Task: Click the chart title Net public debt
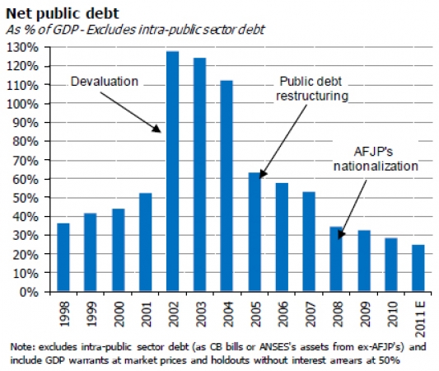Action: [x=63, y=14]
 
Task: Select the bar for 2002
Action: [x=172, y=171]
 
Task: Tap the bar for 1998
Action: [x=63, y=257]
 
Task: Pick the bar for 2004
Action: [x=227, y=186]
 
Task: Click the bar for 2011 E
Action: [x=418, y=268]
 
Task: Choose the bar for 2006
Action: [x=282, y=237]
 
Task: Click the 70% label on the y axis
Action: [x=26, y=161]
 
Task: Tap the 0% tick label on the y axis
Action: [x=29, y=292]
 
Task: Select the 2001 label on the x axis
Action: [x=146, y=314]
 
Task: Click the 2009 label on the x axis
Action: [x=365, y=314]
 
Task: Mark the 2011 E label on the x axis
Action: [x=420, y=319]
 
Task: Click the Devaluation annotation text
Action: [x=105, y=82]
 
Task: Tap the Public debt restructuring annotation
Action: [x=312, y=88]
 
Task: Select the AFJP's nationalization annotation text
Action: [x=376, y=159]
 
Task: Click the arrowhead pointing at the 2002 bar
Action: [x=157, y=129]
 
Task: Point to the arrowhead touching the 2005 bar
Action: [x=263, y=174]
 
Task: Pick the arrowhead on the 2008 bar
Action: [x=340, y=234]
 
